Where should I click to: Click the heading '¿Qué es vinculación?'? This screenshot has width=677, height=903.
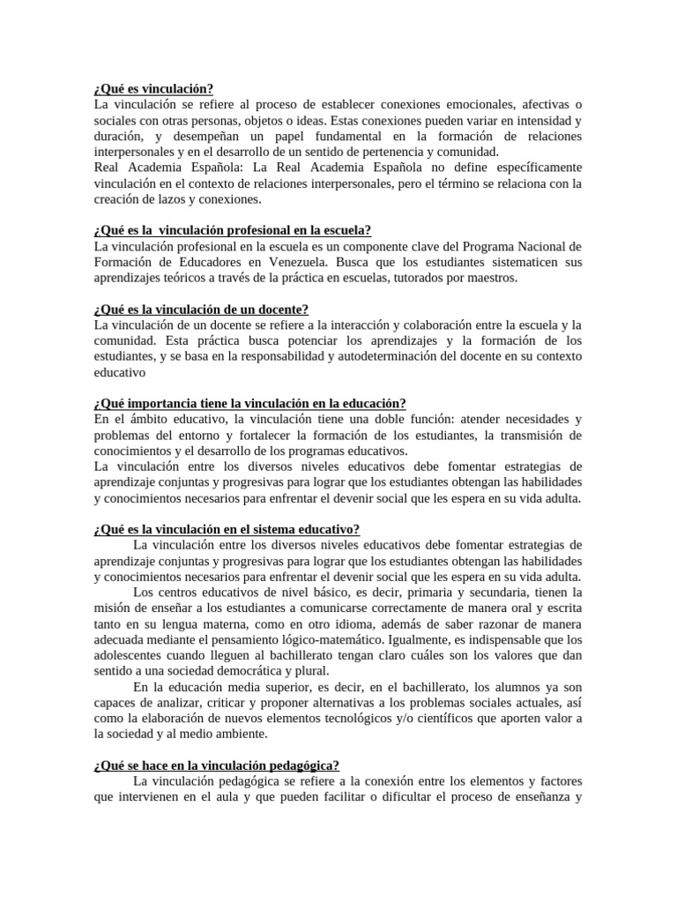click(x=153, y=89)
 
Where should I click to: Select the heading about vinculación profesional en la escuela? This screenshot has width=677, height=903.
click(x=232, y=230)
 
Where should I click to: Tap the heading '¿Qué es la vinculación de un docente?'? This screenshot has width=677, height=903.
click(x=200, y=310)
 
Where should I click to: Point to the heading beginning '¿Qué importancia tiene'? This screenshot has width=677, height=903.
click(x=249, y=403)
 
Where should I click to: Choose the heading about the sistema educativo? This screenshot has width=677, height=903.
click(x=227, y=529)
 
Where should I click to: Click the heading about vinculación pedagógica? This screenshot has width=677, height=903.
click(x=216, y=765)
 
